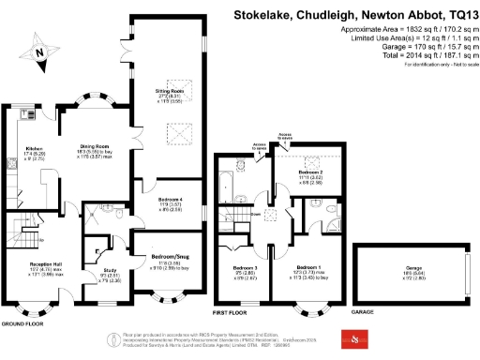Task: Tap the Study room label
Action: pos(109,273)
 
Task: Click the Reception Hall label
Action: pos(43,265)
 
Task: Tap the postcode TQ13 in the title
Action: pos(459,15)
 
